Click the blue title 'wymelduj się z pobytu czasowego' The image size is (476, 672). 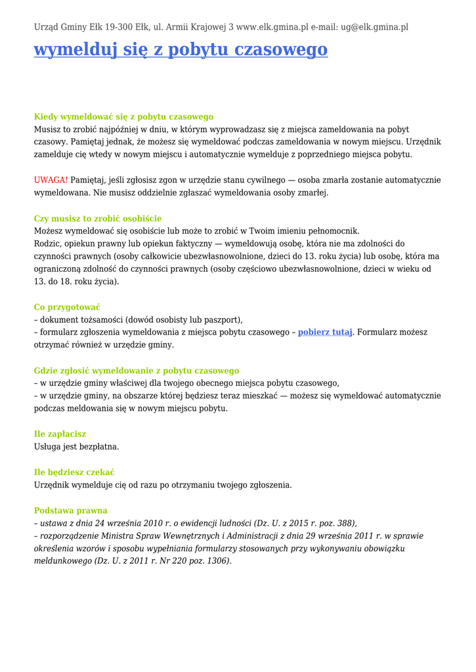point(181,50)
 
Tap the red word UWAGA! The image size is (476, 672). point(51,180)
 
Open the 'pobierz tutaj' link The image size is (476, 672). point(325,332)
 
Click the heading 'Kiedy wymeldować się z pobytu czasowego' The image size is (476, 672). point(123,117)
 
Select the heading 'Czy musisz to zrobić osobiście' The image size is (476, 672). point(98,219)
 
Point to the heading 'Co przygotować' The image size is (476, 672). point(67,307)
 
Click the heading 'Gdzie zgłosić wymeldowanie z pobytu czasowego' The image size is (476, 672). point(137,371)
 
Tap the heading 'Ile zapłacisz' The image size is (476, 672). point(60,434)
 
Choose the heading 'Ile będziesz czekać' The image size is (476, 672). point(74,472)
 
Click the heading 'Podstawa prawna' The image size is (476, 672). point(70,511)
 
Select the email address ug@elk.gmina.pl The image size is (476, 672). point(374,28)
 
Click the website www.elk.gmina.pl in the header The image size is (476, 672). point(272,28)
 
